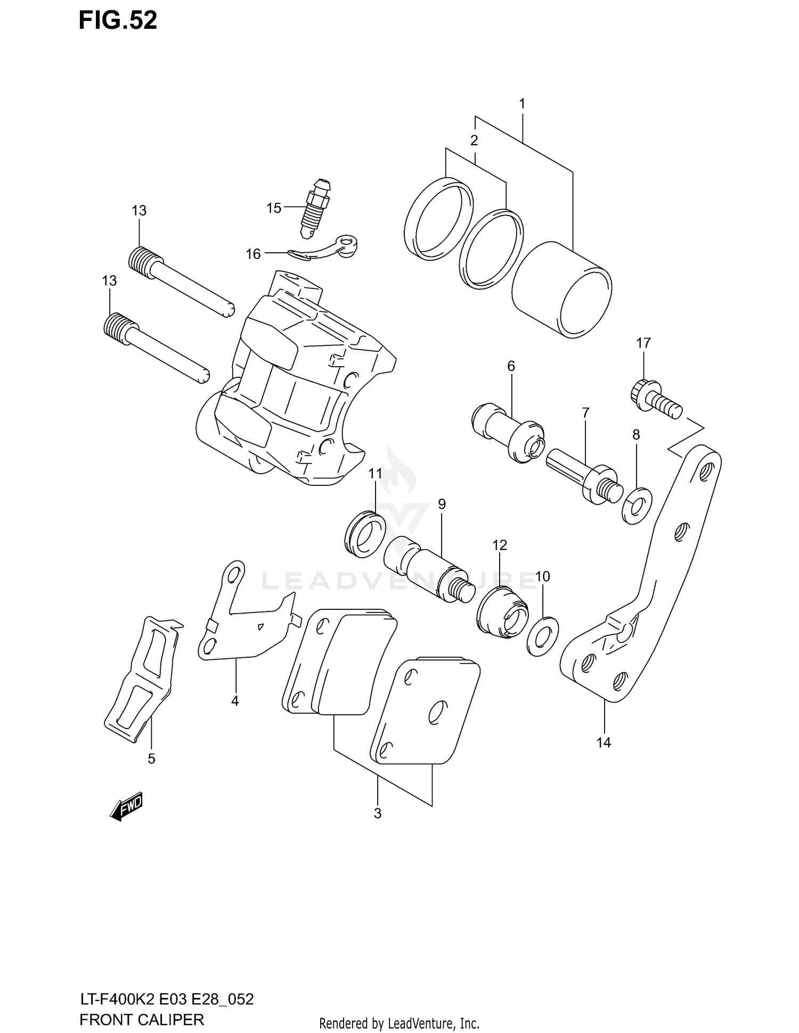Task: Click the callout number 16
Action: coord(253,254)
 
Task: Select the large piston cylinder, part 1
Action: coord(561,290)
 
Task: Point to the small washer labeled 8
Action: coord(637,505)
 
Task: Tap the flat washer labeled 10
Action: coord(542,637)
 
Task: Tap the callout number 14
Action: coord(604,742)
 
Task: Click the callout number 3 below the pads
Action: coord(377,813)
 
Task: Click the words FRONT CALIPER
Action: coord(142,1020)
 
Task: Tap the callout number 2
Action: coord(474,141)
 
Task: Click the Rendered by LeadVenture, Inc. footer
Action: coord(399,1023)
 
